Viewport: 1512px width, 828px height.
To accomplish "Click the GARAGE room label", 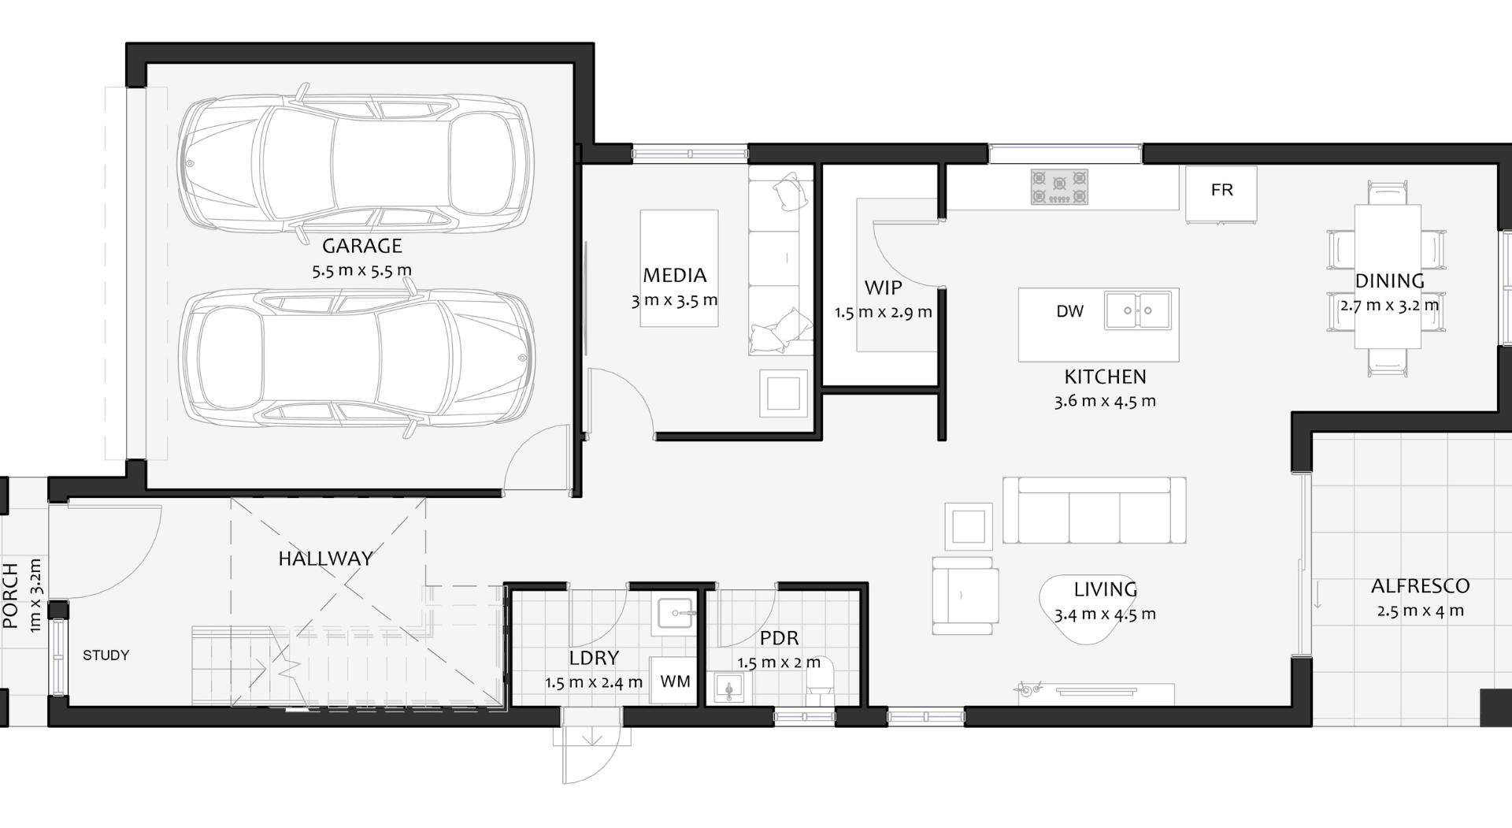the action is pos(362,246).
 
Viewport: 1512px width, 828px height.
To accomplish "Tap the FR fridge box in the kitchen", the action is pos(1221,193).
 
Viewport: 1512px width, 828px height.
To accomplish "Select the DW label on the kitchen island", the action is pos(1069,311).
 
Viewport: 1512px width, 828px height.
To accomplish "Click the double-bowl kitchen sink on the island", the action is pos(1137,310).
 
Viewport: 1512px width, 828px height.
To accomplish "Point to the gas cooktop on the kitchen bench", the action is pos(1059,188).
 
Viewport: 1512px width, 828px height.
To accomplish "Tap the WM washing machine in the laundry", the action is pos(674,681).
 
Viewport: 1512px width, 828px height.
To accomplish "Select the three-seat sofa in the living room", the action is pos(1094,511).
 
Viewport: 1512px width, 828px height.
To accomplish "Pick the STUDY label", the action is pos(106,655).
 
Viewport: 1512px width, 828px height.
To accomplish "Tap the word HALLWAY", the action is pos(325,559).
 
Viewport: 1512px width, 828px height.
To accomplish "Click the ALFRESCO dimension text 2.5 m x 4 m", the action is pos(1420,611).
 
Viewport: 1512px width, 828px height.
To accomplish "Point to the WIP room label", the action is pos(883,288).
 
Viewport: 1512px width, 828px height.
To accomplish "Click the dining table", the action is pos(1388,277).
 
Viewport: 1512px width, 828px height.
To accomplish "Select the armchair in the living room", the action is pos(965,596).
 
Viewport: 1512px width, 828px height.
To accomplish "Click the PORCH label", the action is pos(10,596).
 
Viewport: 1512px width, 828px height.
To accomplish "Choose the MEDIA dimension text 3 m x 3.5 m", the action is pos(674,300).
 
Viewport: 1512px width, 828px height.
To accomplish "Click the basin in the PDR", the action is pos(729,688).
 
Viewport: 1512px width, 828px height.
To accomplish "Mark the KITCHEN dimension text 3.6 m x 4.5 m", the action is pos(1105,401).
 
